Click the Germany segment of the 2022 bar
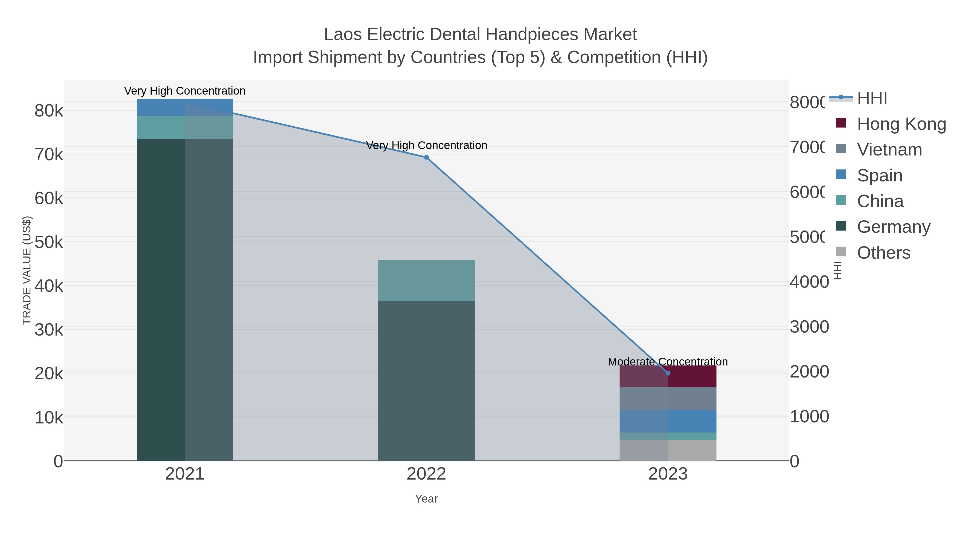click(x=426, y=381)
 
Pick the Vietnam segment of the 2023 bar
click(x=668, y=398)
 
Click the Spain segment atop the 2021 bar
click(x=185, y=107)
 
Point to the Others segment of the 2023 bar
click(x=668, y=450)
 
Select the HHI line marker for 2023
click(x=668, y=373)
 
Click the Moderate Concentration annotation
click(x=668, y=362)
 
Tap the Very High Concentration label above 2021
click(x=185, y=91)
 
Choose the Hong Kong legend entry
click(x=901, y=124)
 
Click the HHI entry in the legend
click(x=872, y=98)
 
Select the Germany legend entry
click(x=893, y=227)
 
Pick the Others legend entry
click(x=883, y=253)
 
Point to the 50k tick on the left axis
click(x=49, y=242)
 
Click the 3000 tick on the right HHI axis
click(x=809, y=327)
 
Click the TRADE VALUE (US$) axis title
click(x=27, y=270)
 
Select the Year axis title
click(x=426, y=499)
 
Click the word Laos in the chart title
click(x=343, y=34)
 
